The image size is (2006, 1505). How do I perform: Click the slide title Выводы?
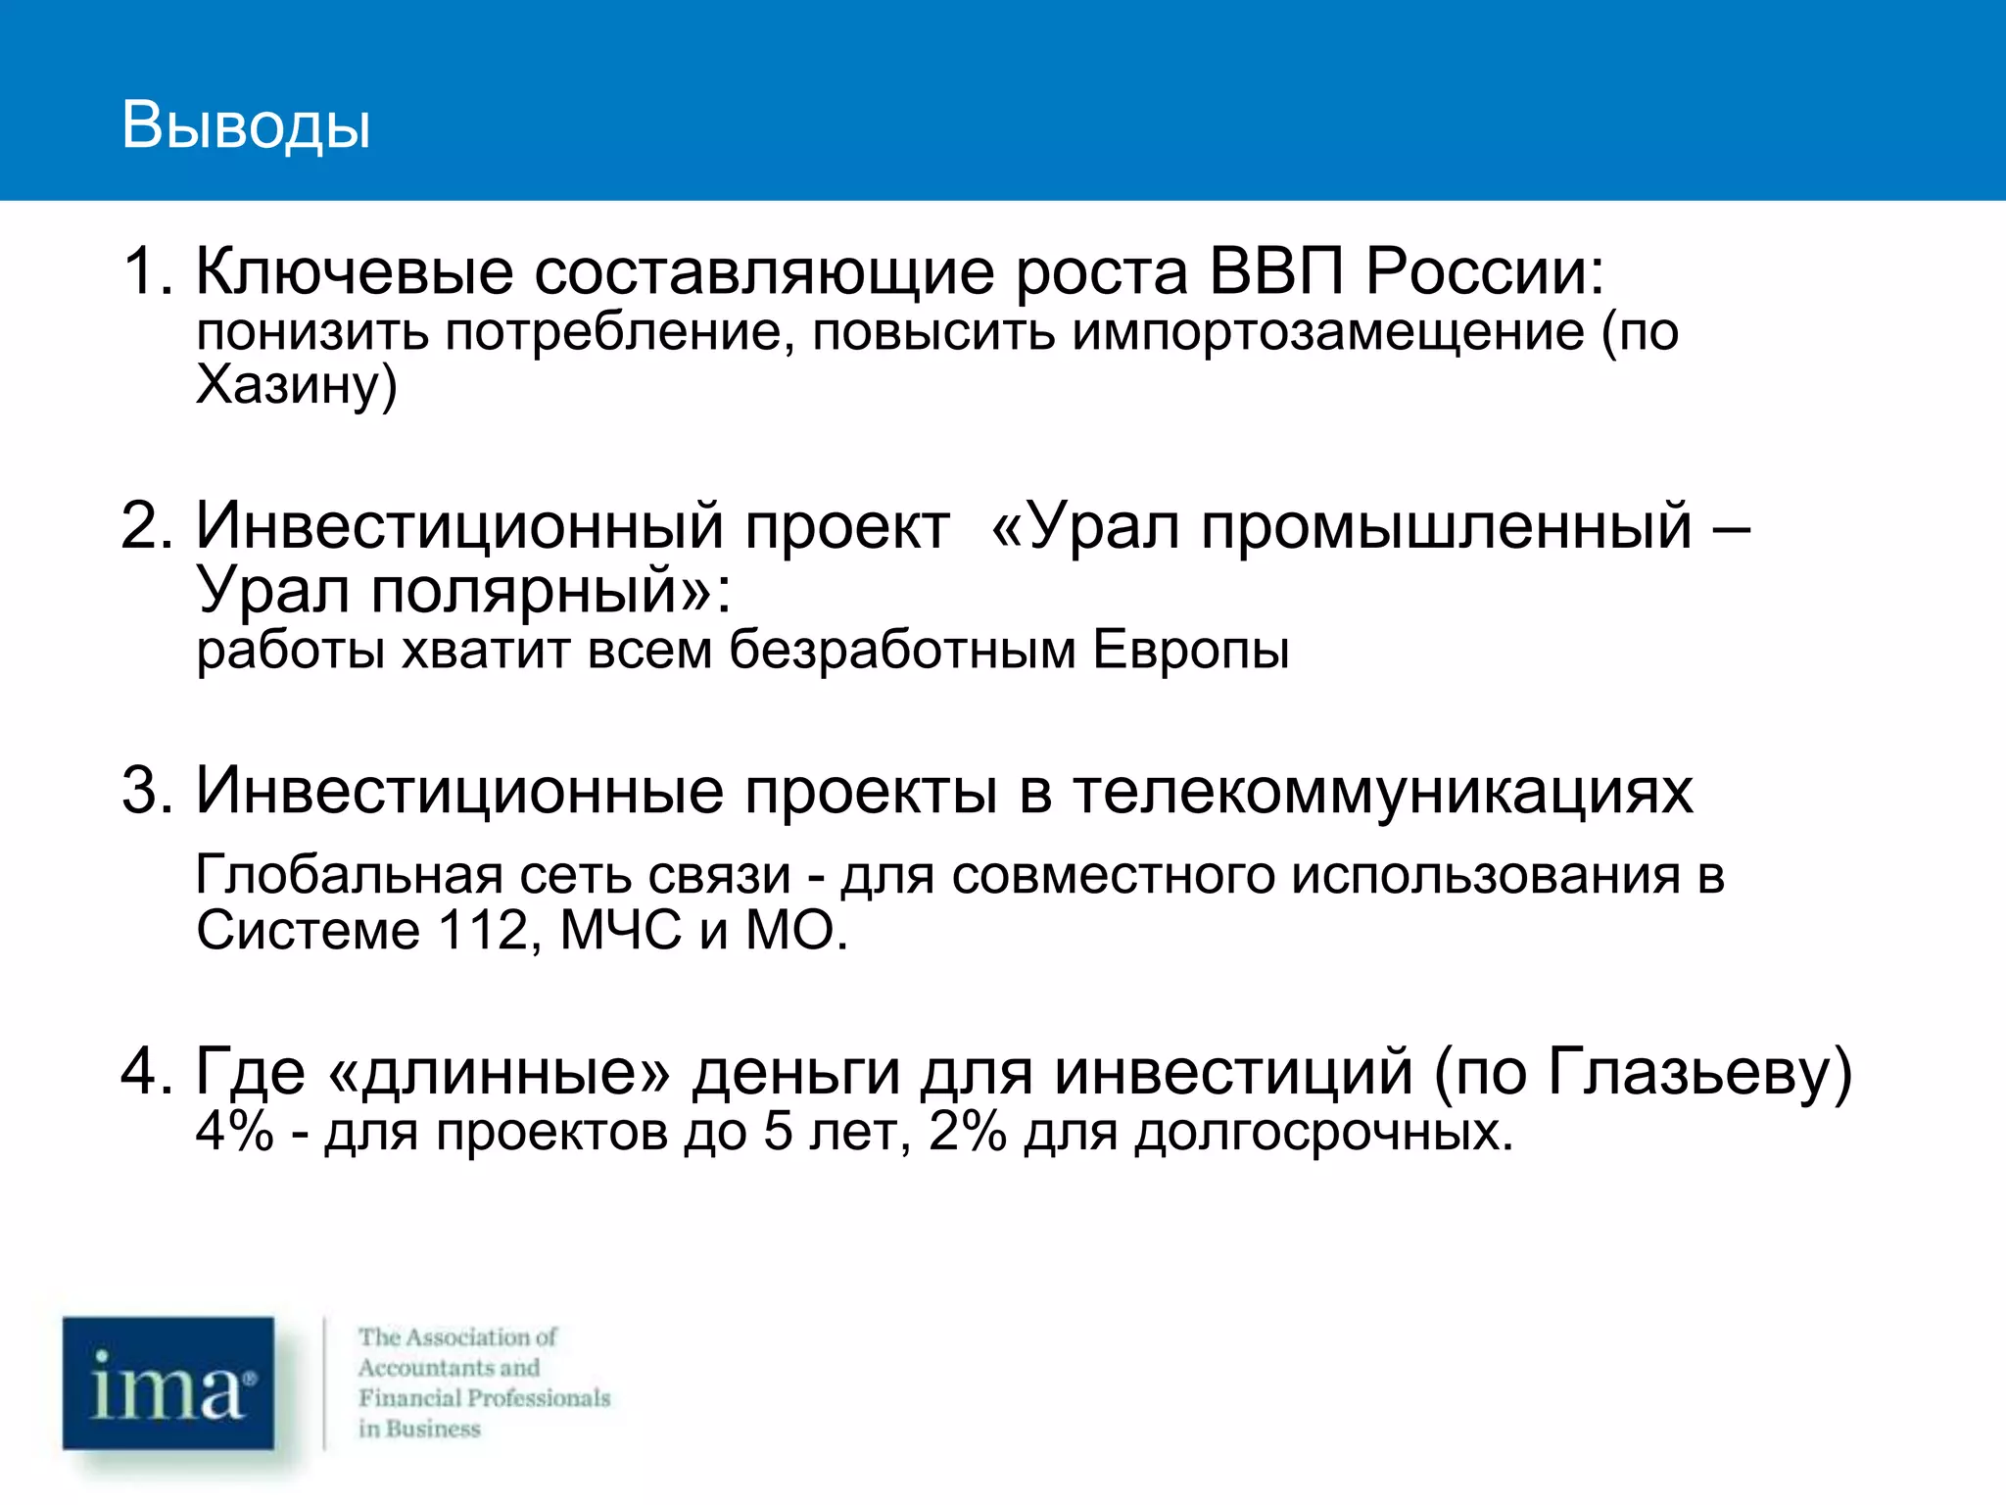click(246, 125)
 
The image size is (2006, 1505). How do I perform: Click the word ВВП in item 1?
click(1275, 270)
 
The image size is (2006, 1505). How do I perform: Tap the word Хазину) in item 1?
click(296, 385)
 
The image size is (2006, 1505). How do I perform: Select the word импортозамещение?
click(1327, 331)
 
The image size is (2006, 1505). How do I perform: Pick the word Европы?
click(1191, 650)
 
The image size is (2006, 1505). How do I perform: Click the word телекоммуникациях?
click(1382, 790)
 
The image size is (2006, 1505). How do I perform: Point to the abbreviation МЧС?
click(620, 929)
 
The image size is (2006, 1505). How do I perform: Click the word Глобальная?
click(349, 874)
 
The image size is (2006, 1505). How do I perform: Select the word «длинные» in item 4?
click(500, 1071)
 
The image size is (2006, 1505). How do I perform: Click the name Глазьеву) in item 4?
click(1699, 1071)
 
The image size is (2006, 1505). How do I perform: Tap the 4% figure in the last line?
click(234, 1131)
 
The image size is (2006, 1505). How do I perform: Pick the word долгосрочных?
click(1323, 1133)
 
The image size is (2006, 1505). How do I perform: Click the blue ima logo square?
click(168, 1383)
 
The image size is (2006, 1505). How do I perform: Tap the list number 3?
click(143, 790)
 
